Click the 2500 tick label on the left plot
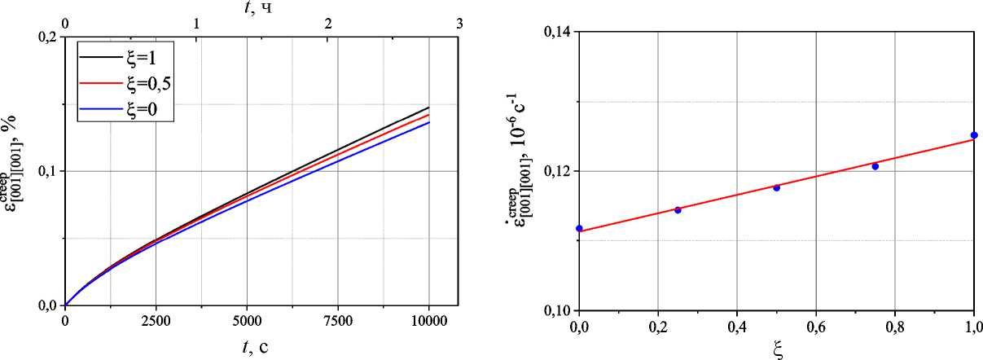(156, 321)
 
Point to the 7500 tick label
(337, 321)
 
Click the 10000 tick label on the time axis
(428, 321)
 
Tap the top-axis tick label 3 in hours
(460, 24)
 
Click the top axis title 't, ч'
(255, 8)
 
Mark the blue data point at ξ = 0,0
(579, 228)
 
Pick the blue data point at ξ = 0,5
(776, 187)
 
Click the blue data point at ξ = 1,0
(974, 135)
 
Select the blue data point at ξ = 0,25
(678, 209)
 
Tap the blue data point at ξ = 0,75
(875, 166)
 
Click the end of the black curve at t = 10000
(428, 108)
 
